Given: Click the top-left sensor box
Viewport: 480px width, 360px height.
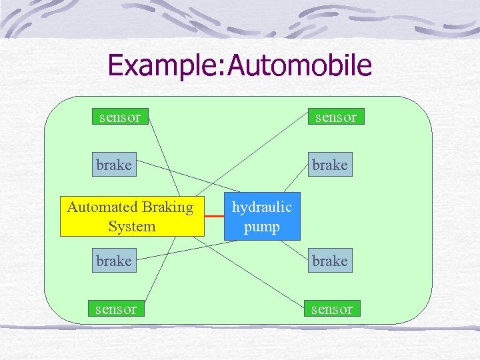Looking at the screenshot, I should (120, 117).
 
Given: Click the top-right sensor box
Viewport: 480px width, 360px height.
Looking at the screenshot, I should (335, 117).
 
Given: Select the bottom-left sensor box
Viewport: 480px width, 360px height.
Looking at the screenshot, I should (116, 309).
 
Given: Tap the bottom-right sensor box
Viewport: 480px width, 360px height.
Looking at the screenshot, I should (331, 309).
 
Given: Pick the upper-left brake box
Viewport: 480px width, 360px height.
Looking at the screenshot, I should (114, 165).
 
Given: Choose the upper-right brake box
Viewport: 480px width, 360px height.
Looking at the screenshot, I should (330, 165).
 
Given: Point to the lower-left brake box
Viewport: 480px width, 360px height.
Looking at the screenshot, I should (114, 261).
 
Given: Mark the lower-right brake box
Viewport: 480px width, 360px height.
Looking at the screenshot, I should (330, 261).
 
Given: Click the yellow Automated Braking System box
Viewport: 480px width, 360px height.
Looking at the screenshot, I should (131, 217).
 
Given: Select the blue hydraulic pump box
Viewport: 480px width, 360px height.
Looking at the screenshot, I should (261, 217).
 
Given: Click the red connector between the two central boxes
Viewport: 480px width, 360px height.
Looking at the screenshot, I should (214, 217).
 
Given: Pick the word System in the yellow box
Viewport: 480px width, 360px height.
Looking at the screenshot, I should (131, 227).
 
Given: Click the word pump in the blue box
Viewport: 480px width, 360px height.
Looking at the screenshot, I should (261, 227).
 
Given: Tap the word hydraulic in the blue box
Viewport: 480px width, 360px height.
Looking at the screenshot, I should (261, 207).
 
